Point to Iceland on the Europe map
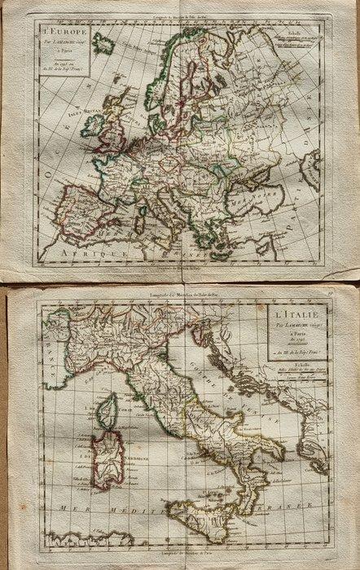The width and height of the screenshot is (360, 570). pyautogui.click(x=103, y=43)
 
